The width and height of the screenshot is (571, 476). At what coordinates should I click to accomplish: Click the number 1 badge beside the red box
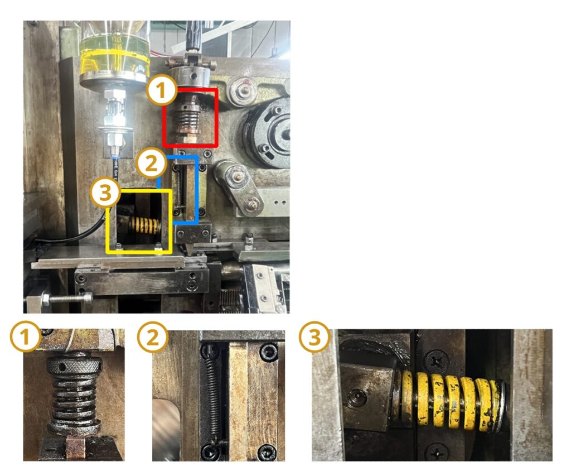[162, 91]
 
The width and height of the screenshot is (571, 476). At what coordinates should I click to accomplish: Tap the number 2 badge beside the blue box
[152, 164]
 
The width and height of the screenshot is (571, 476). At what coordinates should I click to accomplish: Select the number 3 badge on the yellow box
[105, 193]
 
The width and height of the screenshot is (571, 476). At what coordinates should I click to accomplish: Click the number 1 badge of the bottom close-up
[25, 337]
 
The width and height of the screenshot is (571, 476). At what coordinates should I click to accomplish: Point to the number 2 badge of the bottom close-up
[153, 337]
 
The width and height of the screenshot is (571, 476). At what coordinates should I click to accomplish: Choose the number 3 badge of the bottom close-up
[314, 337]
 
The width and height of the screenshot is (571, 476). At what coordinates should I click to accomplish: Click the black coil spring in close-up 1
[74, 400]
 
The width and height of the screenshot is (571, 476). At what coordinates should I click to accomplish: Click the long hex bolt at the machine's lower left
[66, 299]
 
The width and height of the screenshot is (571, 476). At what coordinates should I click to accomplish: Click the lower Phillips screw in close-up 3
[437, 453]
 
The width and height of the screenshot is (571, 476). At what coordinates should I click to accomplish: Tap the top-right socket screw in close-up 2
[269, 352]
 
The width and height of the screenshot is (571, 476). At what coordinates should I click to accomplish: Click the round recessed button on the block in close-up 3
[357, 396]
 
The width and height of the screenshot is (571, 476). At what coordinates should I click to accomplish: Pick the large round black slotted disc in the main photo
[269, 133]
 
